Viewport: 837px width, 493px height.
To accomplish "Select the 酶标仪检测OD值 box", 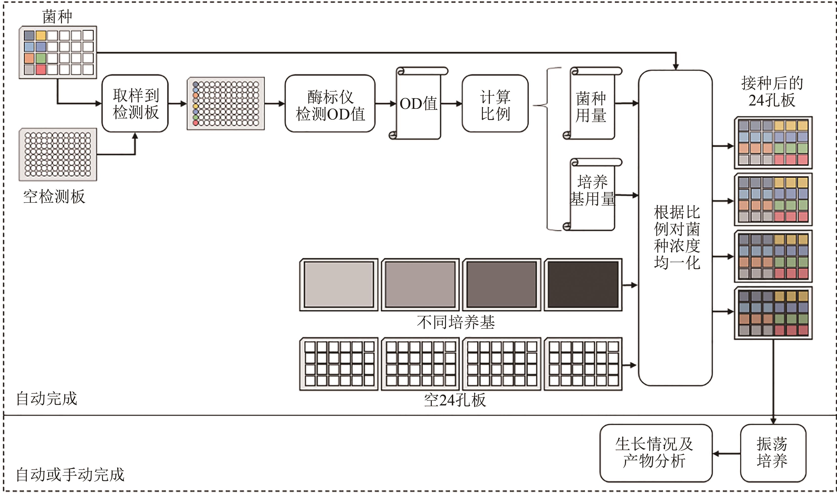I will (330, 104).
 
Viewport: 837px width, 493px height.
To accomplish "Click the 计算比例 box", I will (495, 104).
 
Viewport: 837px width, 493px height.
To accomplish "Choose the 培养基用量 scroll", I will (592, 194).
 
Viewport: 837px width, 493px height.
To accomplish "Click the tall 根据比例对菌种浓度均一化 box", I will (675, 228).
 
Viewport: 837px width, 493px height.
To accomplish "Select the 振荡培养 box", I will (773, 453).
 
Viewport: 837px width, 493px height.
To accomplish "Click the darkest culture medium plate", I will (583, 285).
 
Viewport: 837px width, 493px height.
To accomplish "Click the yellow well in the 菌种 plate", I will (41, 35).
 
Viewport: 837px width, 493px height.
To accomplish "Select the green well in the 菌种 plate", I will (41, 58).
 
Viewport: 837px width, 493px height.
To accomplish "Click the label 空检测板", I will (54, 197).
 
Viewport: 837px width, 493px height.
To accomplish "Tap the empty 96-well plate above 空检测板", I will (58, 154).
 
